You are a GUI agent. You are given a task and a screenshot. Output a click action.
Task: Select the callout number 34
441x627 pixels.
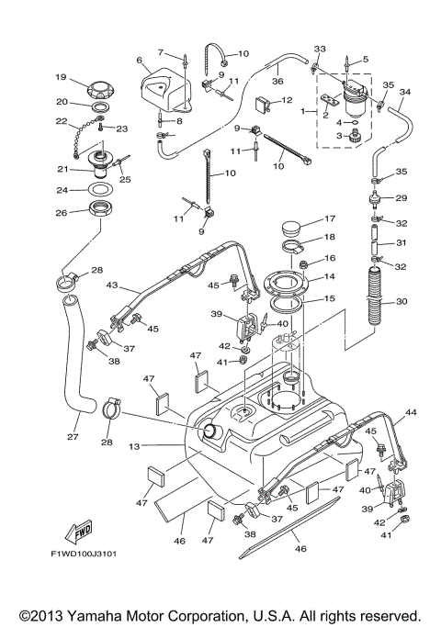pos(405,92)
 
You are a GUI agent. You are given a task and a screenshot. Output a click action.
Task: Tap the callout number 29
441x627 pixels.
pos(400,198)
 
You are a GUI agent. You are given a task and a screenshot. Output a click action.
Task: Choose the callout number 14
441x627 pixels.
pos(330,275)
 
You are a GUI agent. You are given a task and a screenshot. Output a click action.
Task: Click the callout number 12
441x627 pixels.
pos(288,99)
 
